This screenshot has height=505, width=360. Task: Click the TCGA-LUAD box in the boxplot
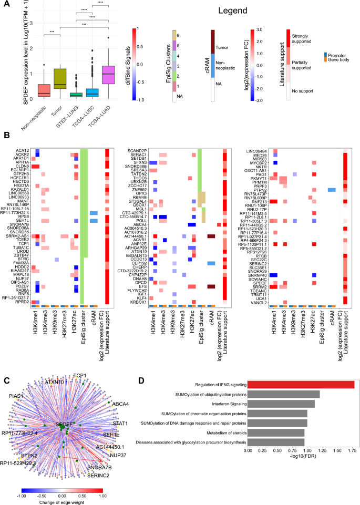click(108, 74)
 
